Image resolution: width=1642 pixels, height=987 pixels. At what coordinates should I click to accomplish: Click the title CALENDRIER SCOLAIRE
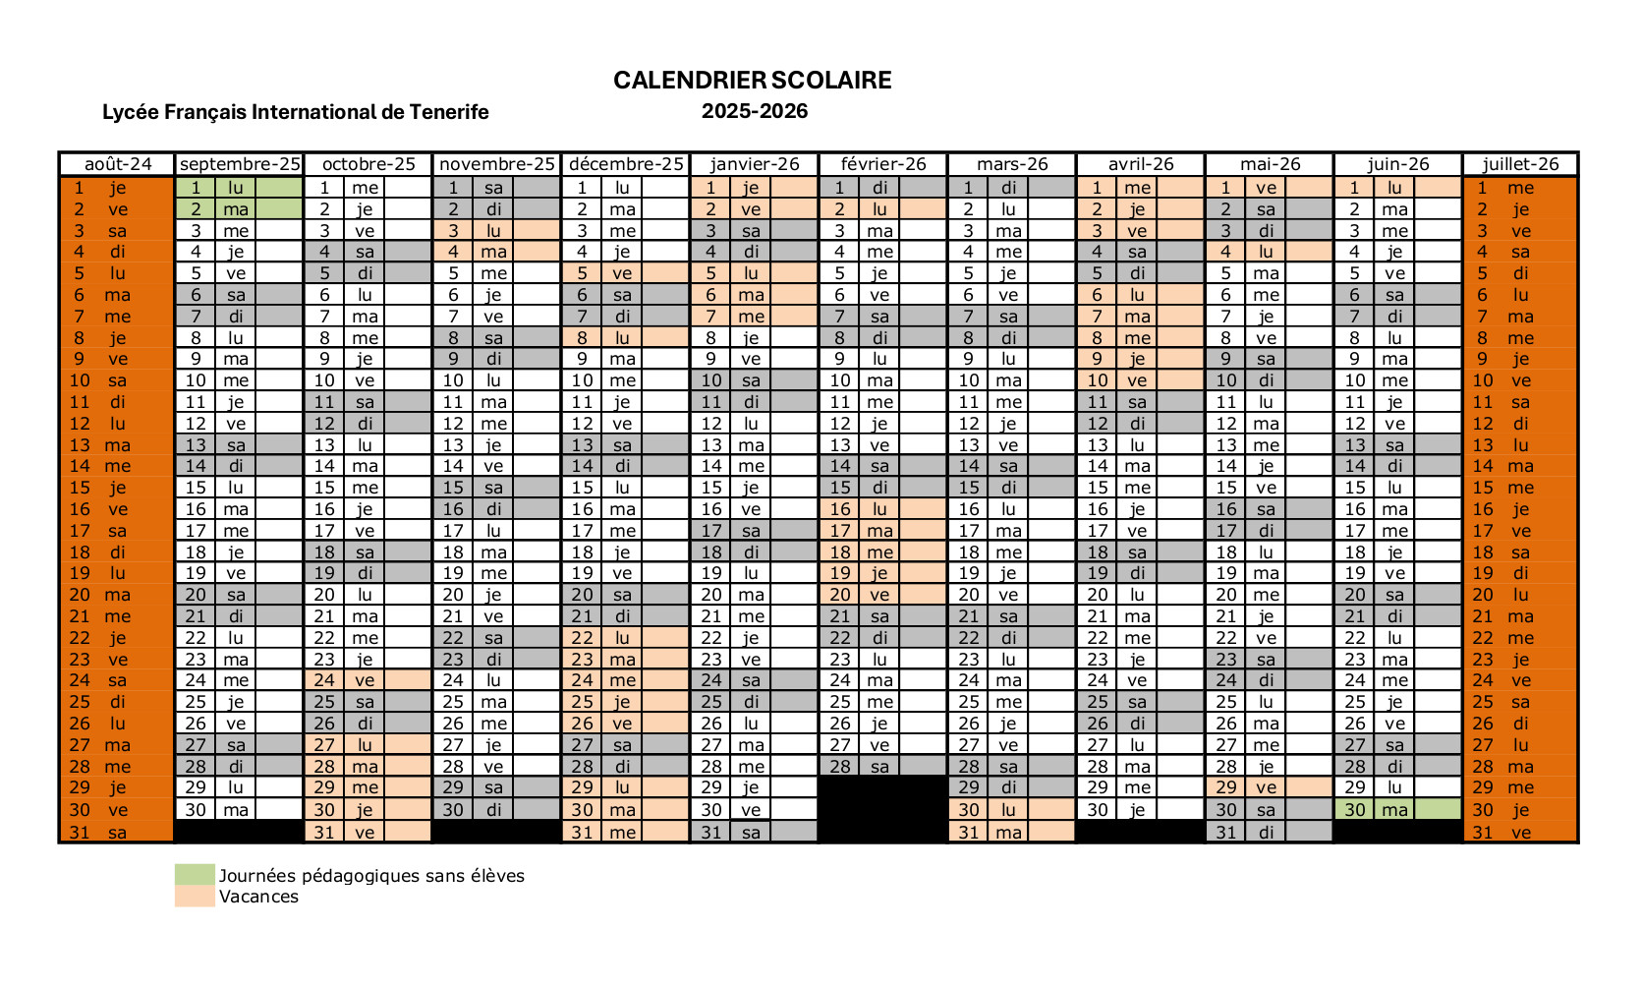pyautogui.click(x=752, y=81)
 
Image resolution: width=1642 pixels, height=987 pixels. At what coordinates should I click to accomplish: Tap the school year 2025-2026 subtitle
pyautogui.click(x=754, y=111)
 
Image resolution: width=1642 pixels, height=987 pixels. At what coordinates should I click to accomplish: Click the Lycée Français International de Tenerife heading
pyautogui.click(x=295, y=112)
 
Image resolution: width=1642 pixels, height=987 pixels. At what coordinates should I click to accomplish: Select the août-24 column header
pyautogui.click(x=117, y=164)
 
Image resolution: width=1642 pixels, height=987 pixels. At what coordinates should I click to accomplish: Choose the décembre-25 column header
pyautogui.click(x=626, y=164)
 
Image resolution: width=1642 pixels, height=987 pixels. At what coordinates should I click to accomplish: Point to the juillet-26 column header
pyautogui.click(x=1520, y=164)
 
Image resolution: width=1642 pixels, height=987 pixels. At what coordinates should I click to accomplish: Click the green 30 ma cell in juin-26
pyautogui.click(x=1396, y=810)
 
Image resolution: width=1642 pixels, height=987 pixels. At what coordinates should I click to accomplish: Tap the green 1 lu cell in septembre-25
pyautogui.click(x=239, y=188)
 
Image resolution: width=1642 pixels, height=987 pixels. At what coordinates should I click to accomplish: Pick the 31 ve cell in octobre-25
pyautogui.click(x=368, y=833)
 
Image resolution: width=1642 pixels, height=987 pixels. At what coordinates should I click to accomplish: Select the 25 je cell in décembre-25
pyautogui.click(x=625, y=702)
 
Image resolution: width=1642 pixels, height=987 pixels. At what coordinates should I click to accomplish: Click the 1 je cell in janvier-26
pyautogui.click(x=754, y=188)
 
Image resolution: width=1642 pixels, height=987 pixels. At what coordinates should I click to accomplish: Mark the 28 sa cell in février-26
pyautogui.click(x=882, y=767)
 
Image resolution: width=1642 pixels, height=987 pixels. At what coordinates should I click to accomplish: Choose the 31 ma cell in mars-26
pyautogui.click(x=1011, y=833)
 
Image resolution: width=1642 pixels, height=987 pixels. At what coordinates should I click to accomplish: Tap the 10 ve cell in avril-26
pyautogui.click(x=1140, y=380)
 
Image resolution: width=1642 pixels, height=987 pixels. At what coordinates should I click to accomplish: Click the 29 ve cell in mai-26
pyautogui.click(x=1269, y=787)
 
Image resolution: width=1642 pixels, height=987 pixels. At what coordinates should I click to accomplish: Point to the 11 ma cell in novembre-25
pyautogui.click(x=496, y=402)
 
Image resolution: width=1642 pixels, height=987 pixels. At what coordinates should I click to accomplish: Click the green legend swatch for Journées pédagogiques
pyautogui.click(x=195, y=875)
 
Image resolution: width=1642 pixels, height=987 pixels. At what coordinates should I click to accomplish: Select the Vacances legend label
pyautogui.click(x=258, y=897)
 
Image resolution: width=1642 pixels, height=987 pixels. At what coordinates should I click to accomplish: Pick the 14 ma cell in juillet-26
pyautogui.click(x=1520, y=466)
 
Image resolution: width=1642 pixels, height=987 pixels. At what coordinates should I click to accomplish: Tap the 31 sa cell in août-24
pyautogui.click(x=117, y=833)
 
